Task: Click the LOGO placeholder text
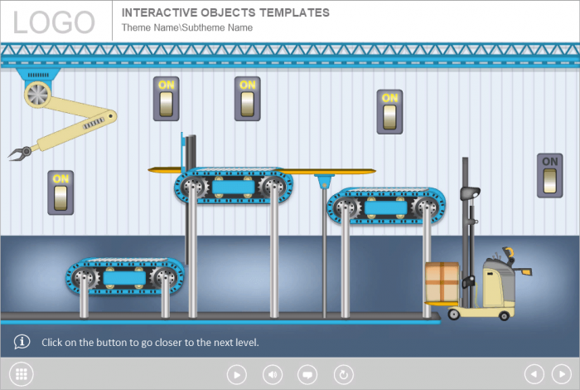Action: point(54,22)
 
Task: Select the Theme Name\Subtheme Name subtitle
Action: point(187,27)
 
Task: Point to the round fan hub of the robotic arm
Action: point(38,94)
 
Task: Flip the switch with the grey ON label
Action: point(549,176)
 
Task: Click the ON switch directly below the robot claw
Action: point(60,193)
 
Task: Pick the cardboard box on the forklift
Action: point(442,282)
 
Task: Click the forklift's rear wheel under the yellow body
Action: point(504,315)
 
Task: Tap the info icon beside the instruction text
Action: point(22,342)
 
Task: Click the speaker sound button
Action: point(273,374)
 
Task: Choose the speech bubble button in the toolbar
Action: point(307,374)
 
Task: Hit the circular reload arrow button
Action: point(344,374)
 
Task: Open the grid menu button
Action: point(21,374)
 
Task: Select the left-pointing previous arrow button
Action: point(534,374)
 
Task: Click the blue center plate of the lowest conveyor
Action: point(124,278)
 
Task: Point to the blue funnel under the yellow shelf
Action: point(325,181)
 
